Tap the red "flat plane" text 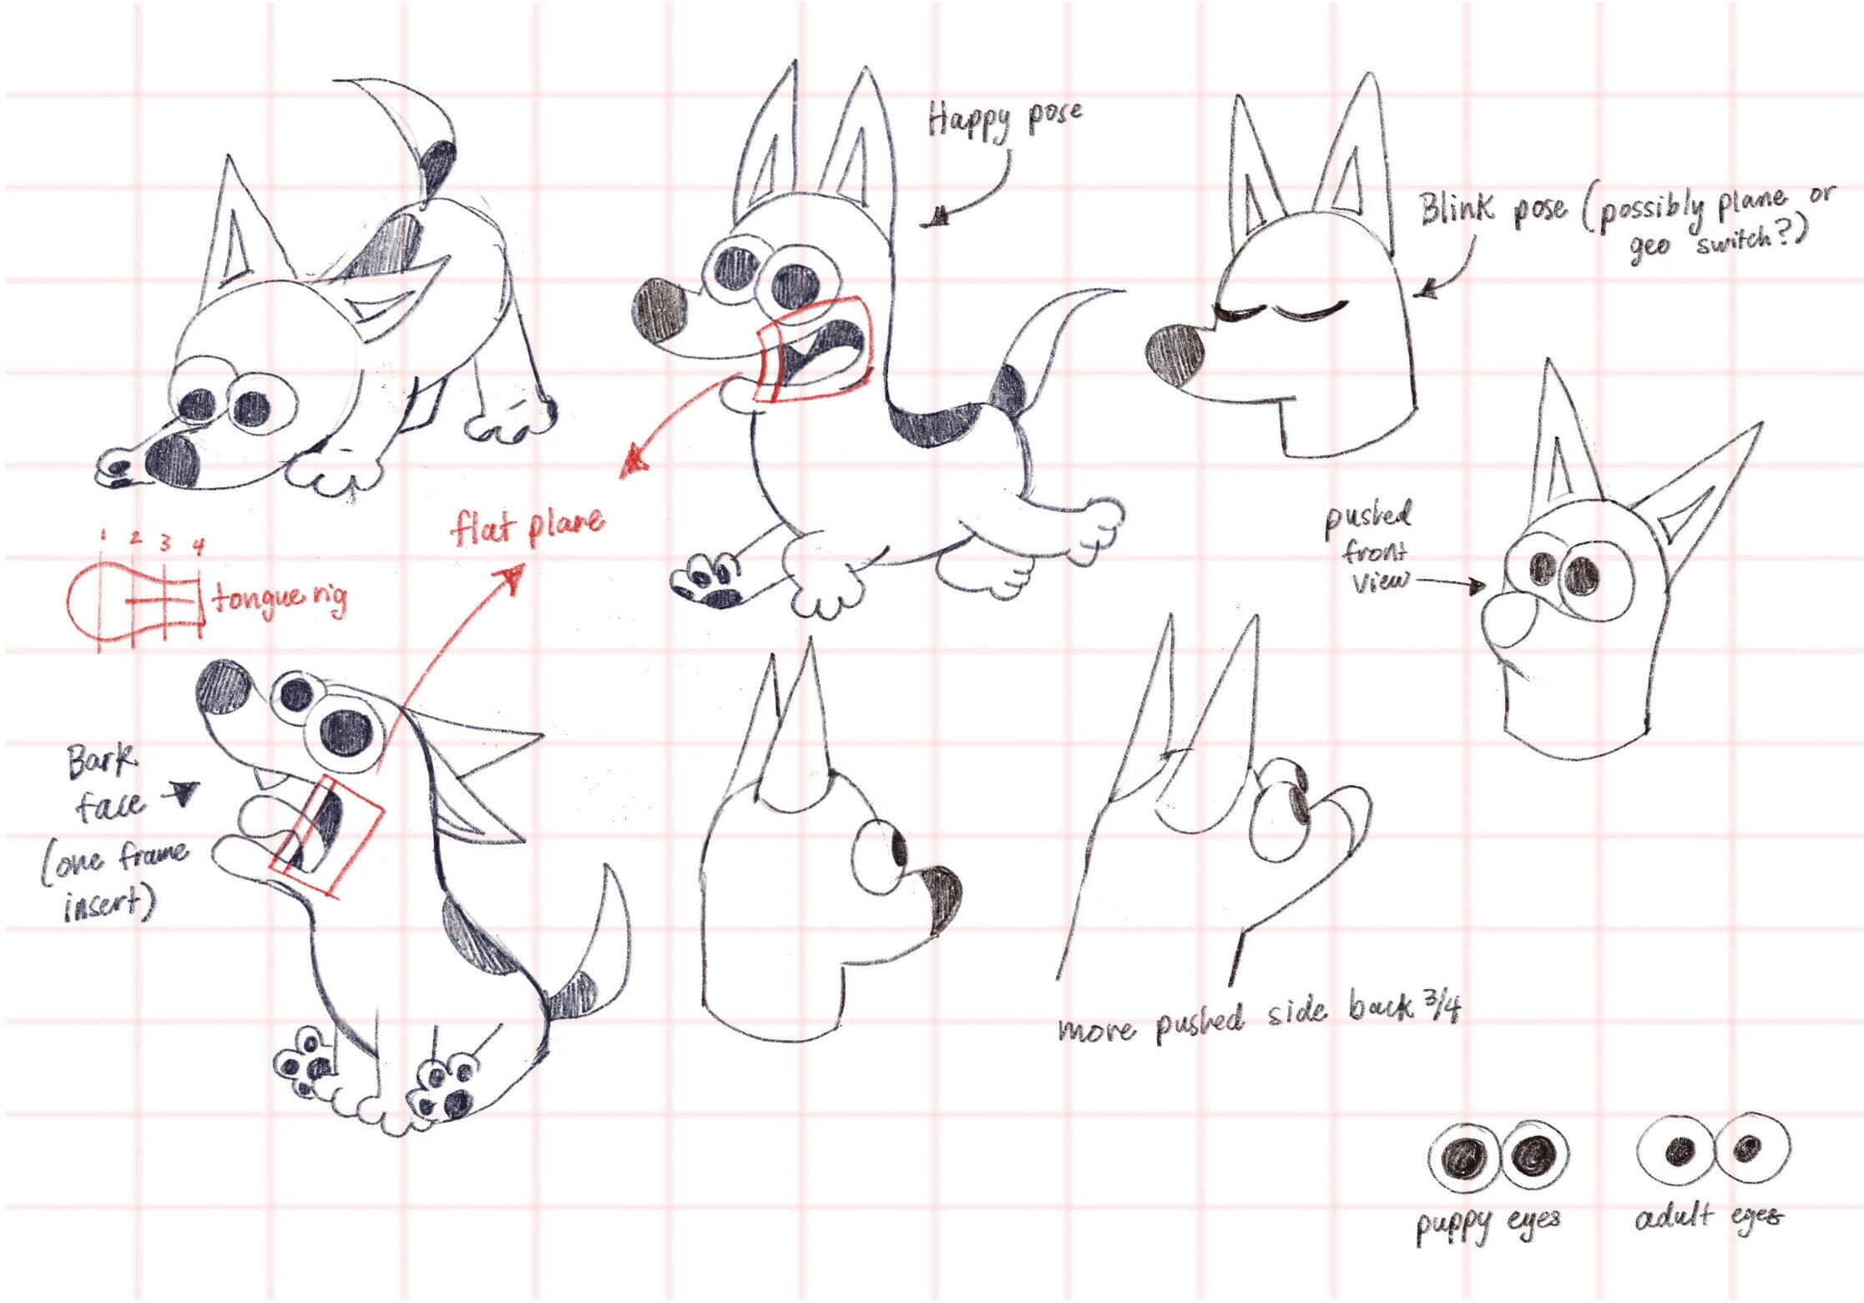(x=528, y=525)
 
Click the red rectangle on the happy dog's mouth (x=814, y=351)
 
